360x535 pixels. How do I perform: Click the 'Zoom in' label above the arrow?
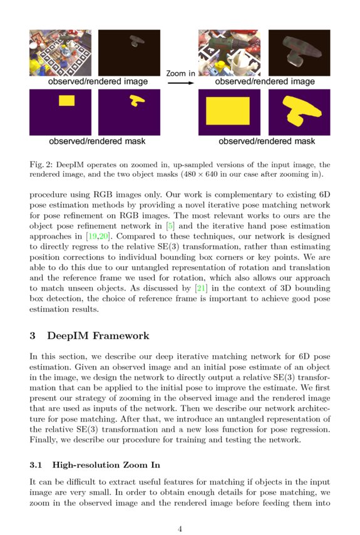pos(180,73)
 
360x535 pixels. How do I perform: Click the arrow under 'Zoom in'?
pos(180,82)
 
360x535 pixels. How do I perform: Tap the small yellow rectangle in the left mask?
pos(66,100)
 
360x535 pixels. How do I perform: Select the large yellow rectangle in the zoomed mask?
pos(228,111)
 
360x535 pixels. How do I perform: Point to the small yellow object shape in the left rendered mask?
pos(136,100)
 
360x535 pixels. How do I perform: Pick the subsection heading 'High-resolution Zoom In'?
pos(106,465)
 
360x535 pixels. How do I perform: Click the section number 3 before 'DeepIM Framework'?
pos(33,336)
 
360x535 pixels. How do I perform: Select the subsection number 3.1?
pos(36,465)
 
